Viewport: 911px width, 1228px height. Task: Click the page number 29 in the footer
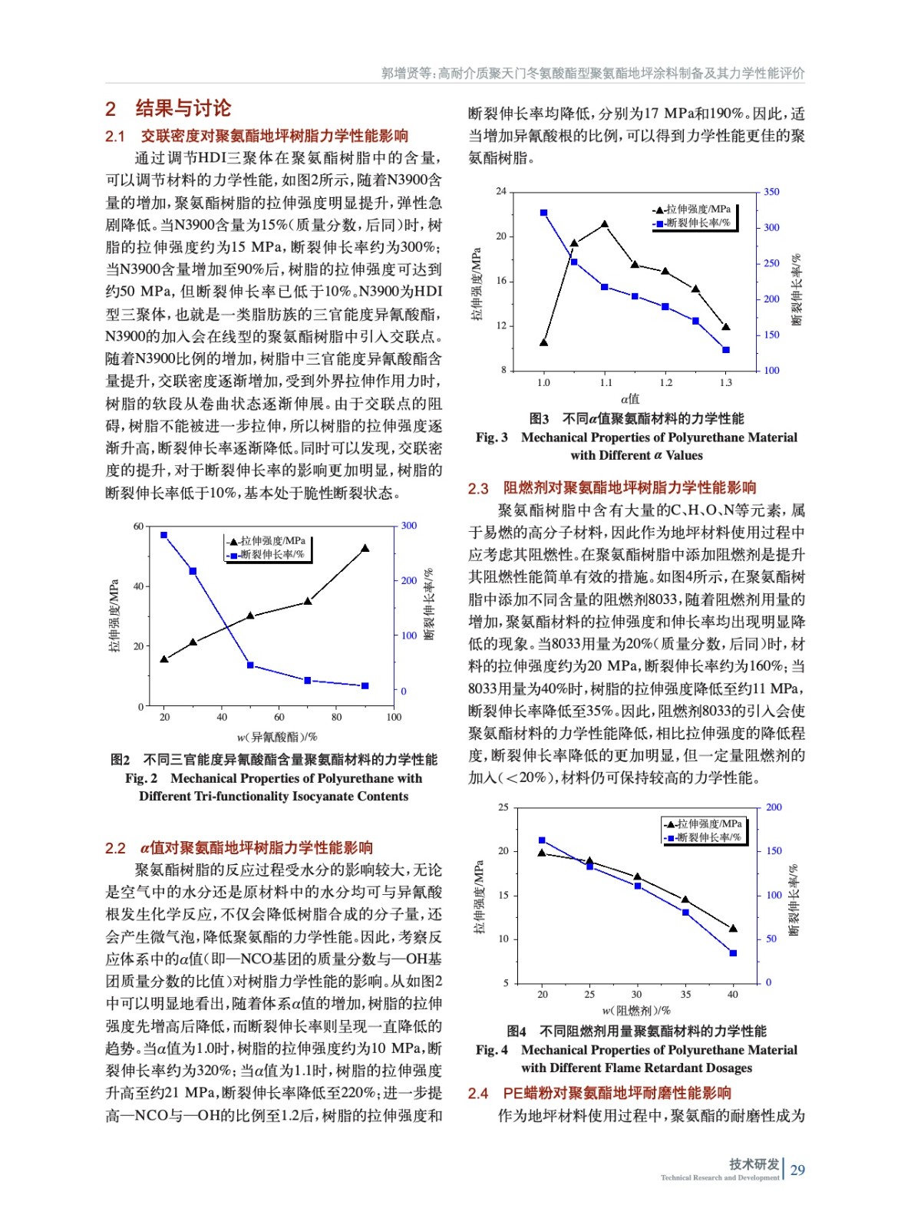[x=797, y=1170]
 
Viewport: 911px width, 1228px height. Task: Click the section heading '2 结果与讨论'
[x=168, y=108]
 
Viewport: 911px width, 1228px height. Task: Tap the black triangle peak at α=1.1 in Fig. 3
[x=605, y=224]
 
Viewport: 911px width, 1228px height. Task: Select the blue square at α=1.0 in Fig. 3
[x=543, y=213]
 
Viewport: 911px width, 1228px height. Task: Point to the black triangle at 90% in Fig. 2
[x=365, y=549]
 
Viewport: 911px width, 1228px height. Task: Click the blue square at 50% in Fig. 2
[x=250, y=665]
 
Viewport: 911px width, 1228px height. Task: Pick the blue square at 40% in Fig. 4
[x=733, y=953]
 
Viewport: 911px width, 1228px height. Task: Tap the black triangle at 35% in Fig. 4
[x=685, y=900]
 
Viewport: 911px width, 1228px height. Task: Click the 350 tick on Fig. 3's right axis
[x=771, y=192]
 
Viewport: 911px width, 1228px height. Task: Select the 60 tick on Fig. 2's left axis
[x=138, y=526]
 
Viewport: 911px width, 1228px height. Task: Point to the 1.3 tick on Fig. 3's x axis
[x=725, y=382]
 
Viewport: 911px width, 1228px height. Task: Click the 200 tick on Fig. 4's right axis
[x=774, y=807]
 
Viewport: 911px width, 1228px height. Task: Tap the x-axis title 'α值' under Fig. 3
[x=629, y=399]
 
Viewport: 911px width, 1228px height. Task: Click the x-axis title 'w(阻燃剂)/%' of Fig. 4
[x=636, y=1011]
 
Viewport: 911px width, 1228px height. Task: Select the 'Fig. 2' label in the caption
[x=141, y=778]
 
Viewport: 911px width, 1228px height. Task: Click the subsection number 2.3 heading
[x=478, y=488]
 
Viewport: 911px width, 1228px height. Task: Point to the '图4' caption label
[x=517, y=1031]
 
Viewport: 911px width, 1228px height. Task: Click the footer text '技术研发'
[x=754, y=1164]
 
